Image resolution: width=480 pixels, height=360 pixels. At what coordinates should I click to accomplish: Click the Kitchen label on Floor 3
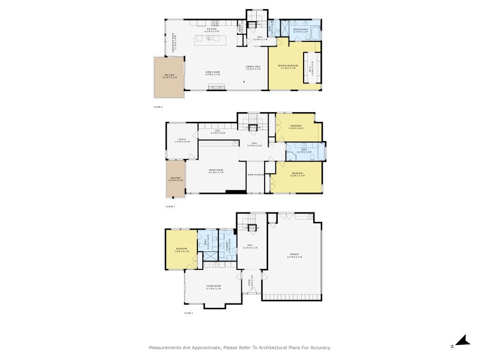(x=212, y=30)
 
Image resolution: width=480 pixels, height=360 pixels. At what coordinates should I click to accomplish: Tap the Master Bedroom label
(x=289, y=65)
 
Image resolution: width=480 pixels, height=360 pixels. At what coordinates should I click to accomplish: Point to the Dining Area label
(x=253, y=67)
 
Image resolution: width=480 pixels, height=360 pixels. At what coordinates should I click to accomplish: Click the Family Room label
(x=212, y=73)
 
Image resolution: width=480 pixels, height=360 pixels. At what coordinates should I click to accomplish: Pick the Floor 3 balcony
(x=169, y=77)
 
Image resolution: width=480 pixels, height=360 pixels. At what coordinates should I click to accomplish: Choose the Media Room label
(x=215, y=171)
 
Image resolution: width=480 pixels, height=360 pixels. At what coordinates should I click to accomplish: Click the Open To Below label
(x=255, y=175)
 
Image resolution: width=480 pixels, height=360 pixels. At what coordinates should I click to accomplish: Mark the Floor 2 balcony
(x=175, y=178)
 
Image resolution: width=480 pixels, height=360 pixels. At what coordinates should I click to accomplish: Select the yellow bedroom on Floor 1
(x=181, y=249)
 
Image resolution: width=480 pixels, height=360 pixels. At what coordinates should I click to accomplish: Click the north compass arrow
(x=461, y=341)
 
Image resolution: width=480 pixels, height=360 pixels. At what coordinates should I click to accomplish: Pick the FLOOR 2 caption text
(x=170, y=206)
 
